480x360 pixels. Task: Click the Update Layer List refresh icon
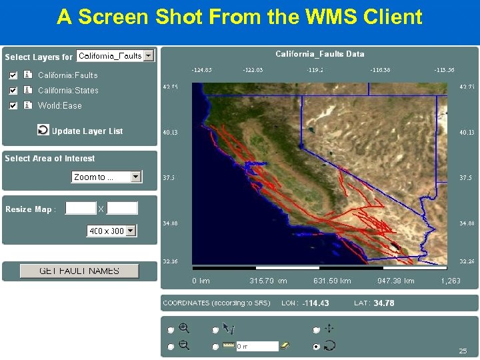pyautogui.click(x=43, y=130)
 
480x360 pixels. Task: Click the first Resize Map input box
pyautogui.click(x=81, y=209)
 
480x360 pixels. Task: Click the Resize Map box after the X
pyautogui.click(x=122, y=209)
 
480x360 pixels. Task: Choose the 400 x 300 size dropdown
pyautogui.click(x=111, y=231)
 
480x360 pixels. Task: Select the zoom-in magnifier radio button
pyautogui.click(x=171, y=329)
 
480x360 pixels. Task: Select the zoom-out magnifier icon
pyautogui.click(x=185, y=345)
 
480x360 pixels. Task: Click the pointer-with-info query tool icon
pyautogui.click(x=229, y=328)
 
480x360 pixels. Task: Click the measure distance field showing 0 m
pyautogui.click(x=256, y=346)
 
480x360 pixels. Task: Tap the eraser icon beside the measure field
pyautogui.click(x=285, y=345)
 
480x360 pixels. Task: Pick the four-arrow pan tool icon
pyautogui.click(x=329, y=328)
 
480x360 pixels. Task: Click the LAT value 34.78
pyautogui.click(x=383, y=303)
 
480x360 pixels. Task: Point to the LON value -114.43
pyautogui.click(x=315, y=303)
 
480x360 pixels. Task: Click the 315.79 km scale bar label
pyautogui.click(x=268, y=281)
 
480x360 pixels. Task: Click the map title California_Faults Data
pyautogui.click(x=320, y=54)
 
